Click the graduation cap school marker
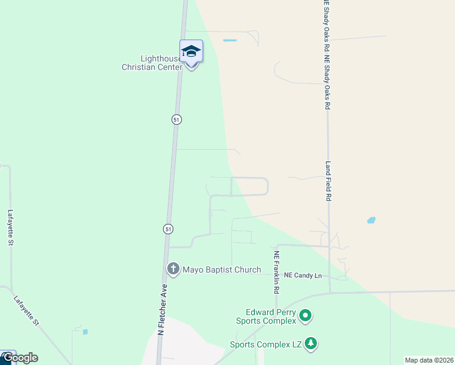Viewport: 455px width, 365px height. [x=191, y=52]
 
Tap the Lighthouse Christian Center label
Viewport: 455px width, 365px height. [x=153, y=63]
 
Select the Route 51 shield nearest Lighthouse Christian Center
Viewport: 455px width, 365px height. [x=176, y=120]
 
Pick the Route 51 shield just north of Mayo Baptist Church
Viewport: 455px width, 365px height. [x=168, y=229]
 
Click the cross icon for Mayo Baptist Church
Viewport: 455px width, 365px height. [x=173, y=268]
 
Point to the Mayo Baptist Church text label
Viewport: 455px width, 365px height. [x=222, y=269]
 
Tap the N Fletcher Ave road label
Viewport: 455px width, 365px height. [x=162, y=310]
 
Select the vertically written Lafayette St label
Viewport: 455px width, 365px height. [x=10, y=228]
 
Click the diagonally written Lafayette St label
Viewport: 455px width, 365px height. [x=26, y=309]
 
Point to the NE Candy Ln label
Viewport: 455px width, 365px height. [x=304, y=275]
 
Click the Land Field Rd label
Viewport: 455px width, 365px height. [x=328, y=181]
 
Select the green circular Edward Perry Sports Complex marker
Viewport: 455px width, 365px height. [x=305, y=316]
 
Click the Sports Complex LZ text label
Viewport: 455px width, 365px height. [x=266, y=344]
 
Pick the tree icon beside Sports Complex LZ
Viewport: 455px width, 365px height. [x=311, y=344]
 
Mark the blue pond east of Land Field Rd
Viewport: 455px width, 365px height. [x=371, y=220]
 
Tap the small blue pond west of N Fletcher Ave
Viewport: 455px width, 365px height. [x=85, y=332]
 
